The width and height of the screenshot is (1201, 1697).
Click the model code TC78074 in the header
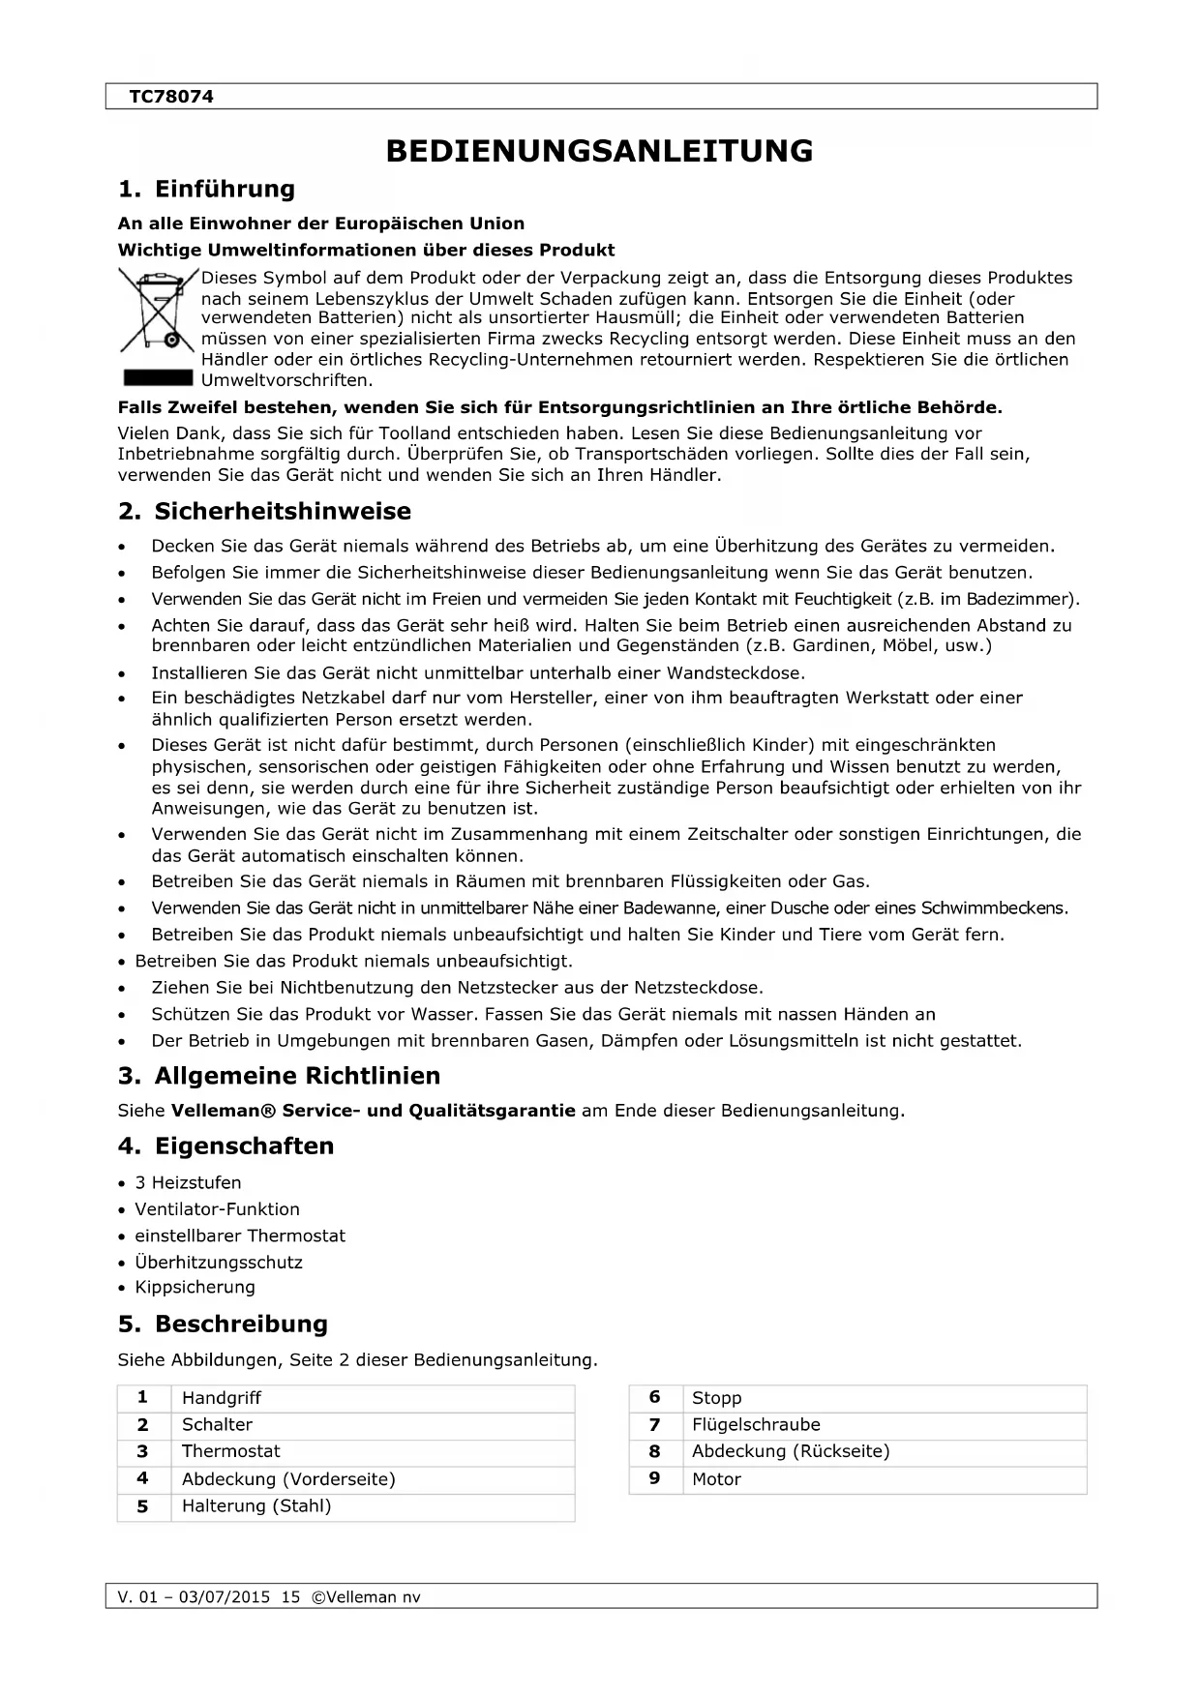[x=171, y=97]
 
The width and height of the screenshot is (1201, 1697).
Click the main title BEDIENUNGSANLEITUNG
[x=599, y=151]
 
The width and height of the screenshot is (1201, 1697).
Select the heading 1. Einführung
[x=206, y=189]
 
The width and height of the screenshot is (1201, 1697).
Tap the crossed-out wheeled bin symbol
[x=157, y=313]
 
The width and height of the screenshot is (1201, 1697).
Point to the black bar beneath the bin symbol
[x=157, y=377]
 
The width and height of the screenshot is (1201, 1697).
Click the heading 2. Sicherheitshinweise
[x=264, y=511]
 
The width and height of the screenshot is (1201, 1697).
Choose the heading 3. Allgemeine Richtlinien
[x=279, y=1076]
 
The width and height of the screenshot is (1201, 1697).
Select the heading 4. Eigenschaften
[x=225, y=1146]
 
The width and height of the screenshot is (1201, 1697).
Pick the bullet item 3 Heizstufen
[x=188, y=1182]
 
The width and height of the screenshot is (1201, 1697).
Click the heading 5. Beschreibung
[x=223, y=1324]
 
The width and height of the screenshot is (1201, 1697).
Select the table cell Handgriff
[x=222, y=1398]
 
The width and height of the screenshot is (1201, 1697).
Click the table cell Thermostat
[x=230, y=1451]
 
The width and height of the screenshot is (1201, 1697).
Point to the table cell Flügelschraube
[x=756, y=1425]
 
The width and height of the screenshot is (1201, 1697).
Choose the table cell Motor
[x=716, y=1479]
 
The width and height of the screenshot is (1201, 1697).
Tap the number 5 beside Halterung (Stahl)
[x=143, y=1506]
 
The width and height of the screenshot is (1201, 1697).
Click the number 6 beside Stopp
[x=655, y=1397]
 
